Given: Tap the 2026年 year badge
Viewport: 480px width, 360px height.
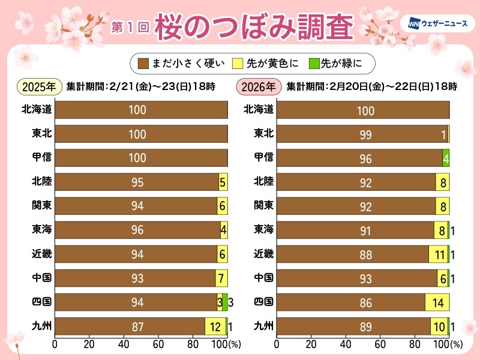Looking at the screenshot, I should [260, 86].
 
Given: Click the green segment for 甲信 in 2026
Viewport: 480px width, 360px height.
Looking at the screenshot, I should [446, 158].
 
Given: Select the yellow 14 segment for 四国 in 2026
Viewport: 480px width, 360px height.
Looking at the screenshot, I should [437, 302].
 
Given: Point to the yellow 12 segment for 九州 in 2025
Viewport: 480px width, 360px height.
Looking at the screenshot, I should [215, 326].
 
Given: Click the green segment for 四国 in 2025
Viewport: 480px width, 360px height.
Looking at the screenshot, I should [224, 302].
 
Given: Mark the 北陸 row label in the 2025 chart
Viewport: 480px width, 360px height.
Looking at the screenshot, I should [41, 181].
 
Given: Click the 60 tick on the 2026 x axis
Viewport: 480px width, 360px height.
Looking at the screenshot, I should [380, 344].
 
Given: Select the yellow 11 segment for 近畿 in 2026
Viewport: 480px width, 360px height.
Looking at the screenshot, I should [438, 254].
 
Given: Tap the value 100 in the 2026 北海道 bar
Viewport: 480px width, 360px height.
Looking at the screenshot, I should [365, 110].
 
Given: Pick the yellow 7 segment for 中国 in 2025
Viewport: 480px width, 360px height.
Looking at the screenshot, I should [221, 278].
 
